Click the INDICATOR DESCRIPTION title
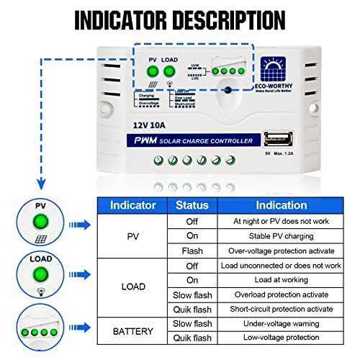click(180, 17)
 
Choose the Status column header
click(192, 205)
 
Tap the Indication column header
click(281, 205)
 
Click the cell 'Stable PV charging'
click(281, 236)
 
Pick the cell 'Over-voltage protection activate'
click(281, 251)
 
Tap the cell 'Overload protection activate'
click(281, 294)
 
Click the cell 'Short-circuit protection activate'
click(281, 309)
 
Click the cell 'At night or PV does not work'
click(281, 222)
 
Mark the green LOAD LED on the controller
click(169, 71)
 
